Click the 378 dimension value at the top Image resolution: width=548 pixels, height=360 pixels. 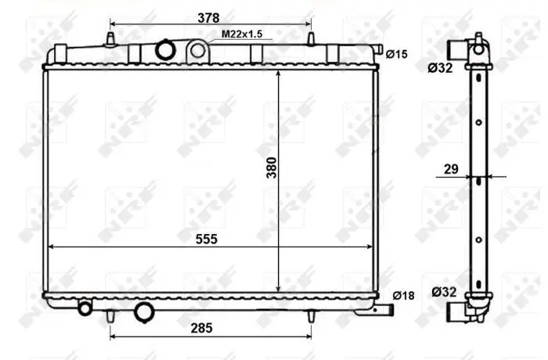coord(208,18)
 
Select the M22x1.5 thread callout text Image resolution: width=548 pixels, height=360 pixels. coord(242,34)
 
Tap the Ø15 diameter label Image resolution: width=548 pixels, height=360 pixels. coord(396,54)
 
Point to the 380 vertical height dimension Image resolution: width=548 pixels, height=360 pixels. coord(272,167)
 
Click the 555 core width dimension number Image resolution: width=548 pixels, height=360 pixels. coord(207,239)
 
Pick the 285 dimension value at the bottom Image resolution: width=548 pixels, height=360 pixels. coord(202,328)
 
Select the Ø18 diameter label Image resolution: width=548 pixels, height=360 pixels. coord(404,296)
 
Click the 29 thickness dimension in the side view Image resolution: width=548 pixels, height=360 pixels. coord(451,169)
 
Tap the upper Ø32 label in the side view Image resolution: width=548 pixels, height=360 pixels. coord(440,68)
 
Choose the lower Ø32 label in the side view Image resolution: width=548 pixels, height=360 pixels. coord(444,291)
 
